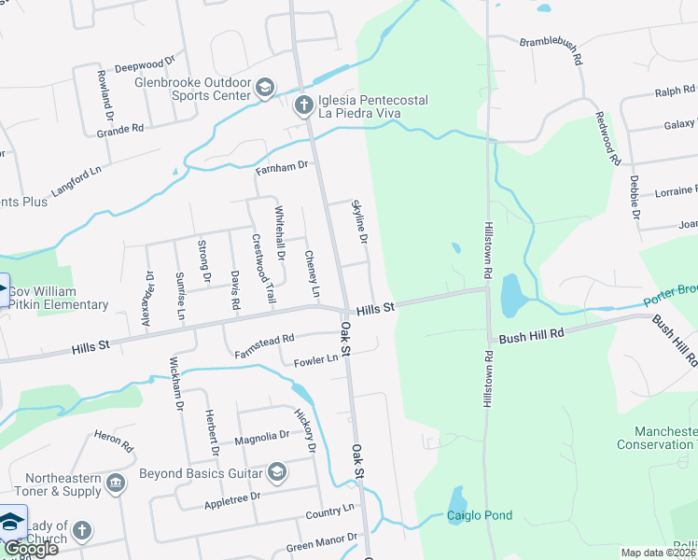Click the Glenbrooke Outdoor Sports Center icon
click(x=265, y=89)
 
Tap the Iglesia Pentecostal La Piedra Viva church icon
click(x=303, y=105)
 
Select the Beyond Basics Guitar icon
click(x=277, y=473)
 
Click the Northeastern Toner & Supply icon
click(x=116, y=483)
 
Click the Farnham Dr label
click(x=282, y=166)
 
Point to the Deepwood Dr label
click(x=144, y=67)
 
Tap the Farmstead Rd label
click(x=265, y=341)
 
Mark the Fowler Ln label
click(x=315, y=360)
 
